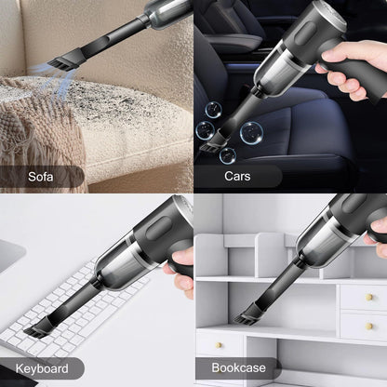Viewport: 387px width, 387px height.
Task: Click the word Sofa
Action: coord(41,175)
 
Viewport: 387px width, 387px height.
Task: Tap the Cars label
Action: coord(236,175)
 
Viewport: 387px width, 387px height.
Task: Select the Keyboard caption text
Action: coord(41,368)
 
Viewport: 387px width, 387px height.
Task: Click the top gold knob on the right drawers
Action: coord(369,298)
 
